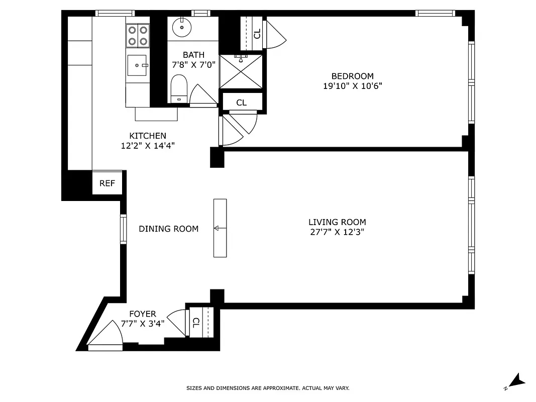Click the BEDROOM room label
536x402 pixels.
click(352, 76)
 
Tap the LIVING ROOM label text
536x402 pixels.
click(337, 222)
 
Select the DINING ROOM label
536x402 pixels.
click(168, 229)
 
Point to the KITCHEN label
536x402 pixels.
click(148, 136)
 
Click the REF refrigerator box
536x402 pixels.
click(107, 183)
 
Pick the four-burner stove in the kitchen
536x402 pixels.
click(138, 36)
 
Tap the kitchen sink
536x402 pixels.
click(137, 65)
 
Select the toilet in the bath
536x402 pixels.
click(179, 87)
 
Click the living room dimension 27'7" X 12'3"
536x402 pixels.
click(337, 232)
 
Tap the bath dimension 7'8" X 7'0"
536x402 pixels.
click(193, 64)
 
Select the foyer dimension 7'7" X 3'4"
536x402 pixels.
click(143, 324)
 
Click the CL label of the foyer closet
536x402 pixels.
click(196, 322)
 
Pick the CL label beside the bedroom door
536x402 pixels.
click(257, 34)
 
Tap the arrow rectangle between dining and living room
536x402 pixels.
click(220, 228)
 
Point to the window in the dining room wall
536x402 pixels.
click(123, 229)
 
